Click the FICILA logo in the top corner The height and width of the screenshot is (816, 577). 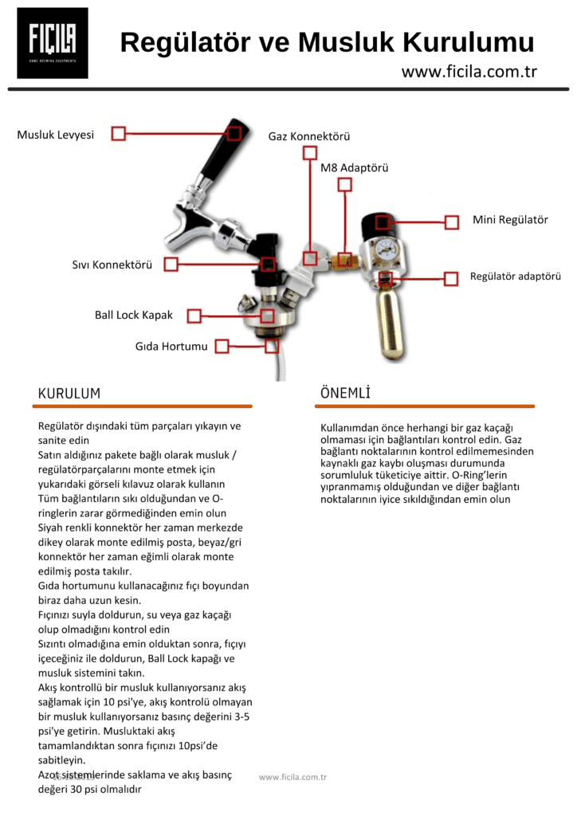coord(53,43)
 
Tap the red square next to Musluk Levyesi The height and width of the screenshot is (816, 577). coord(118,134)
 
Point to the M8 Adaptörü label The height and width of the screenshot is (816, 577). coord(355,168)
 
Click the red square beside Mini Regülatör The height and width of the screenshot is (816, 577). coord(452,222)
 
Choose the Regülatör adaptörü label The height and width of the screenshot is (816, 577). coord(515,277)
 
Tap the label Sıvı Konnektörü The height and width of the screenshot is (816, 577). coord(112,265)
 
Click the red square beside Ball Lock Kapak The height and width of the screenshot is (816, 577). coord(194,316)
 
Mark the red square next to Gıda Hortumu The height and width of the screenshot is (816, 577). coord(222,346)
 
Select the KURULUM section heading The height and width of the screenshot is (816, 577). coord(69,394)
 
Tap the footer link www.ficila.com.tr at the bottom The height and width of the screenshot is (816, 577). coord(292,777)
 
